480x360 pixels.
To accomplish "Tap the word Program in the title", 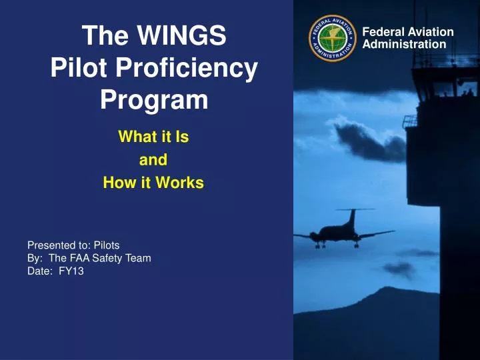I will tap(154, 100).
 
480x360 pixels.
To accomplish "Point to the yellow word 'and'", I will tap(153, 160).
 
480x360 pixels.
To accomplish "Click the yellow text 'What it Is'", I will tap(153, 137).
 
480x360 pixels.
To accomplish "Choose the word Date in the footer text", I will tap(37, 271).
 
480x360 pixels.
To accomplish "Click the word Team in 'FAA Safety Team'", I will tap(138, 258).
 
